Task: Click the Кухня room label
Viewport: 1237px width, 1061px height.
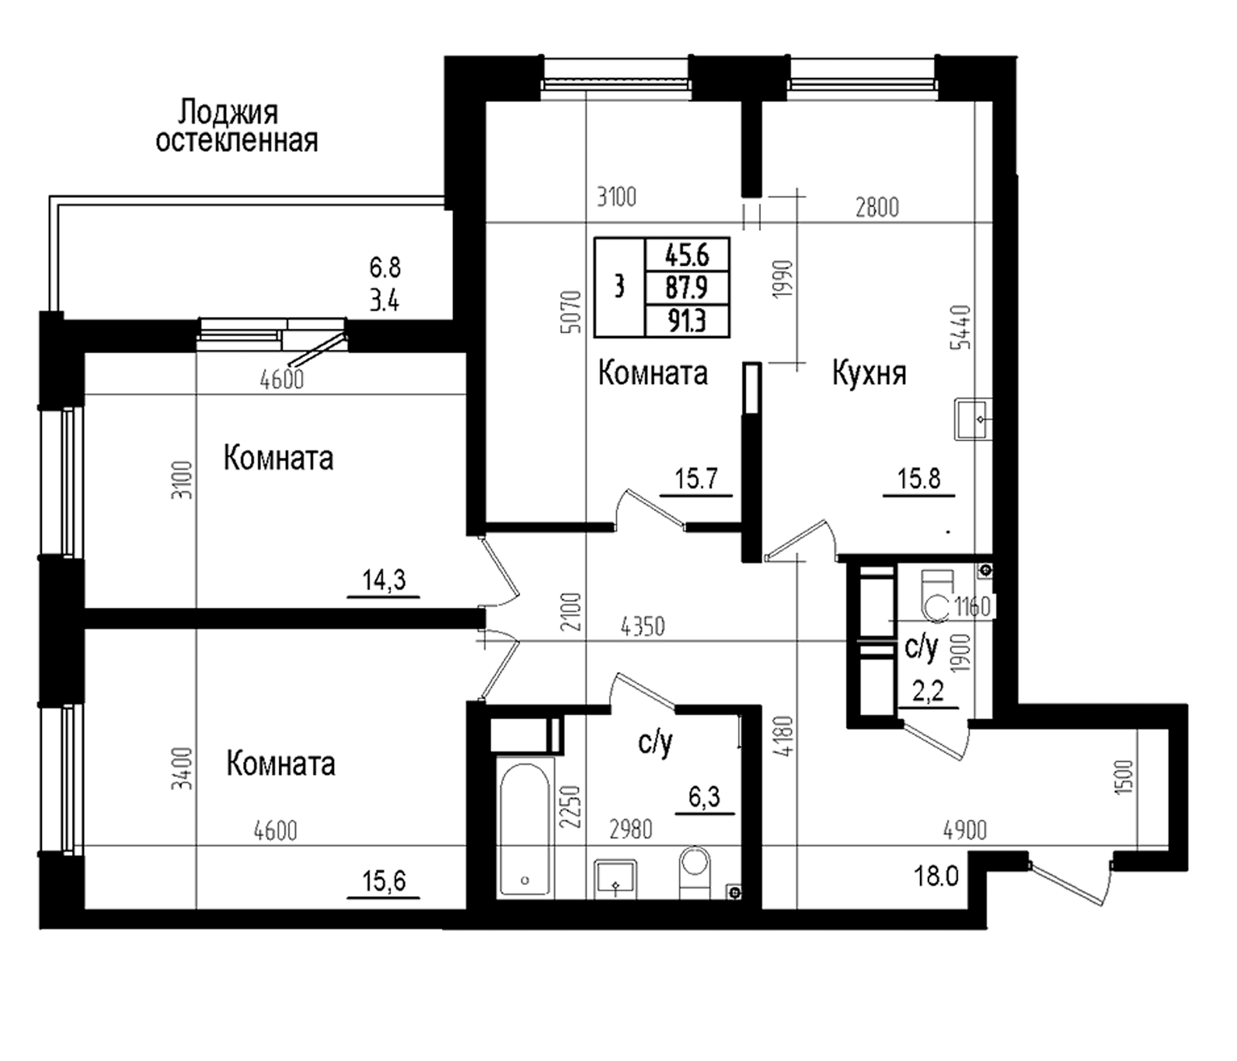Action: (869, 374)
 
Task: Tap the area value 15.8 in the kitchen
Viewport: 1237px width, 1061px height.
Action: (919, 479)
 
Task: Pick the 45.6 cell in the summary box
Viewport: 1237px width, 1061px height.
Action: (687, 256)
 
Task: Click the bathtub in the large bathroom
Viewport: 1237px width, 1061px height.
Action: (525, 827)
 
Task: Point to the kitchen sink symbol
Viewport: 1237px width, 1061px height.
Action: (973, 419)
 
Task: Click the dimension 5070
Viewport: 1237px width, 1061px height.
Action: (571, 312)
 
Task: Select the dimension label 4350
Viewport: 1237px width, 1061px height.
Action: (642, 627)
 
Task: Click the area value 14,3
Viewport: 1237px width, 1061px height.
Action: (384, 581)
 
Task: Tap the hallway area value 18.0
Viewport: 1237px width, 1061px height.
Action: (936, 877)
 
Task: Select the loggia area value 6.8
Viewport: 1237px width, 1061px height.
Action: (385, 265)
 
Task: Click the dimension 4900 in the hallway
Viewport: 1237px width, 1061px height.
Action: (964, 830)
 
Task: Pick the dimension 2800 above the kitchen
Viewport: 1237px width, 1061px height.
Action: (877, 207)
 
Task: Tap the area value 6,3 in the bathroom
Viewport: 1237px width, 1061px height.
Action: (704, 798)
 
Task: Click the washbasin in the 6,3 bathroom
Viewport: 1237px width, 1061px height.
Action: (615, 879)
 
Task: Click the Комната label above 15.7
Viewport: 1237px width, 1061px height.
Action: (653, 374)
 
